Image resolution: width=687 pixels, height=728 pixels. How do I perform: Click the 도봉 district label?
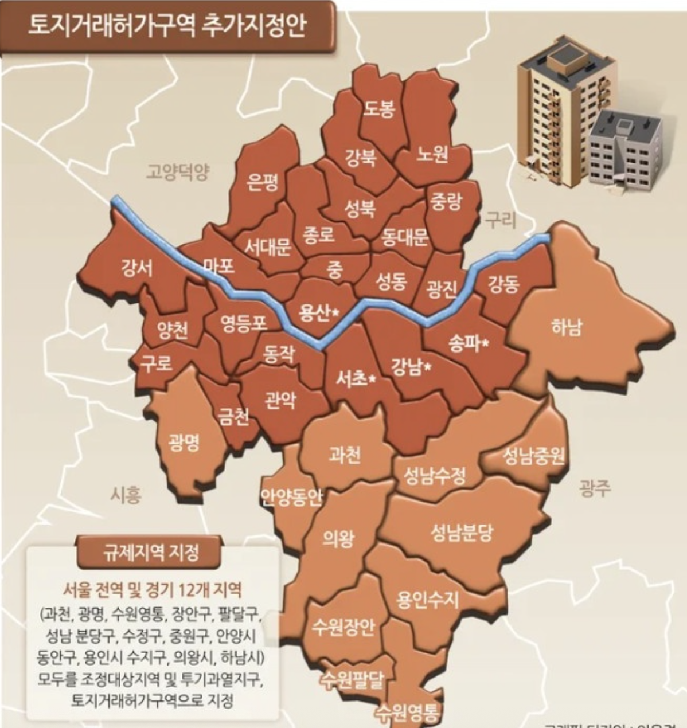pyautogui.click(x=380, y=108)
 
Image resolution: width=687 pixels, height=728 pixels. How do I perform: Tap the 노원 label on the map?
pyautogui.click(x=432, y=153)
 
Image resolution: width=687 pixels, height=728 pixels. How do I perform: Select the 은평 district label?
pyautogui.click(x=263, y=182)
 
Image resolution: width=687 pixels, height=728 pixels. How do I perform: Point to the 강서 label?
pyautogui.click(x=136, y=267)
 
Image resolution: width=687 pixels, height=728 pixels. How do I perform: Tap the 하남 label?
pyautogui.click(x=566, y=327)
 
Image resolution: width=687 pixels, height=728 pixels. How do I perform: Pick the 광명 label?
pyautogui.click(x=184, y=442)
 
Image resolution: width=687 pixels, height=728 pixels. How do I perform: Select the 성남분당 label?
pyautogui.click(x=462, y=534)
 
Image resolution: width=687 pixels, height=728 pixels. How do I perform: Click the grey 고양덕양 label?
pyautogui.click(x=178, y=171)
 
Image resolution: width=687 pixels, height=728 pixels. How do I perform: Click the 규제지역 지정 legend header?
pyautogui.click(x=151, y=552)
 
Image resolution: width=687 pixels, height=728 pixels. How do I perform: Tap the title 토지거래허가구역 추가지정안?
pyautogui.click(x=167, y=26)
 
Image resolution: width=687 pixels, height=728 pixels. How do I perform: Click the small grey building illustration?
pyautogui.click(x=625, y=149)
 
